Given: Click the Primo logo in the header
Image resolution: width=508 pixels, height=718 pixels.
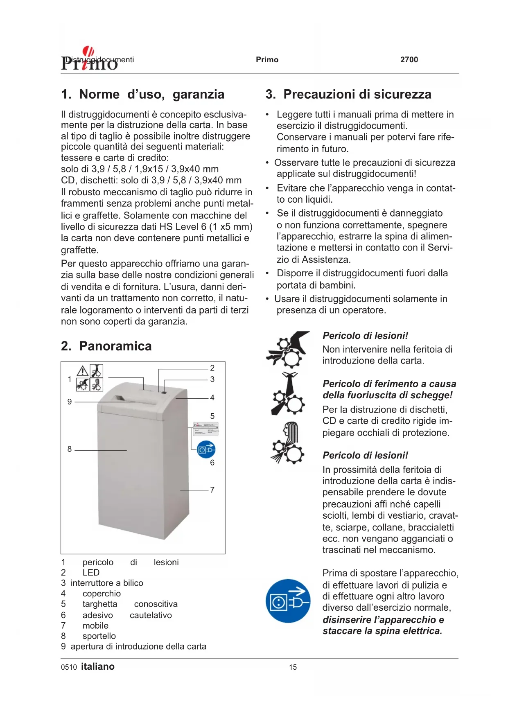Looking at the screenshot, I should [x=89, y=60].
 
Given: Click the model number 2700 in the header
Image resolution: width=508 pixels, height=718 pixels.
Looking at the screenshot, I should [x=409, y=60].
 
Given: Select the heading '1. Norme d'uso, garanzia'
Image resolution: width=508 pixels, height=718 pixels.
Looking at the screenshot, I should [x=142, y=95].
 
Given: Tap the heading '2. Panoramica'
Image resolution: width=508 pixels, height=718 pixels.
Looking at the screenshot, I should [x=106, y=346].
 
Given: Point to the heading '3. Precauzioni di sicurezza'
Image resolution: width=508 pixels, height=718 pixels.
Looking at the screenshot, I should [x=348, y=95].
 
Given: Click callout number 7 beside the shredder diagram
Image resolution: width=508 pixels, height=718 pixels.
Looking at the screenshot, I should [x=212, y=490].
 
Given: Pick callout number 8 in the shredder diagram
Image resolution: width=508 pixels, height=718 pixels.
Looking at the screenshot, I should [x=70, y=449].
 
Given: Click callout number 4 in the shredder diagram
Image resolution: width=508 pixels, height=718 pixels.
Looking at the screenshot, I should [x=212, y=397].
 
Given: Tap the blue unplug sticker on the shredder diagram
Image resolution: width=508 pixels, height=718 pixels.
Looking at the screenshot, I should [x=206, y=449].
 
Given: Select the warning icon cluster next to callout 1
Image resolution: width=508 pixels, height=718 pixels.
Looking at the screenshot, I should [x=90, y=378].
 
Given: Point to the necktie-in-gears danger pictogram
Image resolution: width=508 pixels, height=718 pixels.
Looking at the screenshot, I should [x=288, y=394].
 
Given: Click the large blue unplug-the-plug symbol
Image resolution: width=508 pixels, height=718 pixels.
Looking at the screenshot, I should [x=288, y=601].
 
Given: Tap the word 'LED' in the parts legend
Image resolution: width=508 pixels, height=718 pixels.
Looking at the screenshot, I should [x=91, y=573].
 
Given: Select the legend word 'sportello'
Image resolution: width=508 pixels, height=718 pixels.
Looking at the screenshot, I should [x=99, y=636].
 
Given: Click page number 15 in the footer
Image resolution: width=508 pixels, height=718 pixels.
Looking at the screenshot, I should [x=293, y=667].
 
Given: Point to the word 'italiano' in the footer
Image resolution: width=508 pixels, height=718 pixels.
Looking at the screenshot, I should [x=98, y=667].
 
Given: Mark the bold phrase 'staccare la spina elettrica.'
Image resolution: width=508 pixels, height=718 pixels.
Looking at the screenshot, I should [x=382, y=631].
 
